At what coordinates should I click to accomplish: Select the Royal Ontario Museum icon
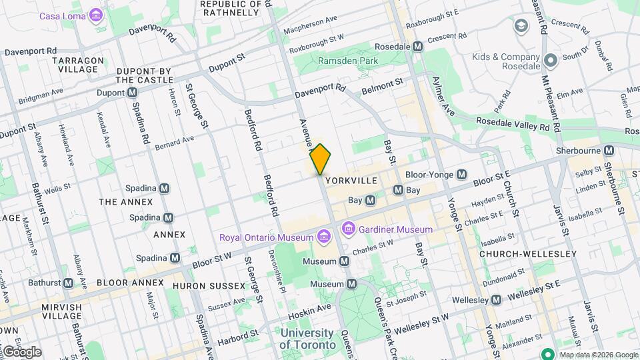coord(323,237)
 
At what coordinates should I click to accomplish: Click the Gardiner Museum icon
coord(348,229)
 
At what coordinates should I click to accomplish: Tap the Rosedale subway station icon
coord(418,47)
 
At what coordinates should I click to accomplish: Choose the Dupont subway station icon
coord(133,93)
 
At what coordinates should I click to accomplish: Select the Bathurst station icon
coord(67,283)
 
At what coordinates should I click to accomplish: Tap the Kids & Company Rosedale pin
coord(550,61)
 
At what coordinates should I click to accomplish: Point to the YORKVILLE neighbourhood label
coord(351,181)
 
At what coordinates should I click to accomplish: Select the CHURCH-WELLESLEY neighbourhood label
coord(528,254)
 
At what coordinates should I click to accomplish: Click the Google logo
coord(21,351)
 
